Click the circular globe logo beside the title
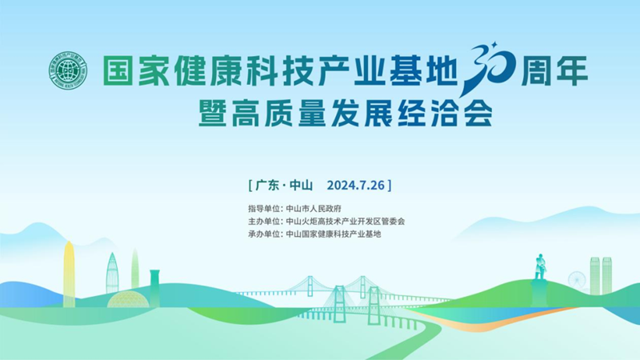[68, 70]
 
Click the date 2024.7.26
[355, 186]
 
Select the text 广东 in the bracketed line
[267, 186]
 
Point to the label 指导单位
[264, 209]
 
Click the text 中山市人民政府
[314, 209]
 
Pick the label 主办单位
[264, 222]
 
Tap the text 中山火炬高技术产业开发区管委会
[346, 222]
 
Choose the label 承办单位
[264, 234]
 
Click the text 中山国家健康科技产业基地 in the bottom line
[334, 234]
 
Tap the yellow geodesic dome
[128, 300]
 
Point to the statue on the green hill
[539, 267]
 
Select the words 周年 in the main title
[554, 70]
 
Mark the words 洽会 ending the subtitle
[462, 113]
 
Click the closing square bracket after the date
[390, 186]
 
